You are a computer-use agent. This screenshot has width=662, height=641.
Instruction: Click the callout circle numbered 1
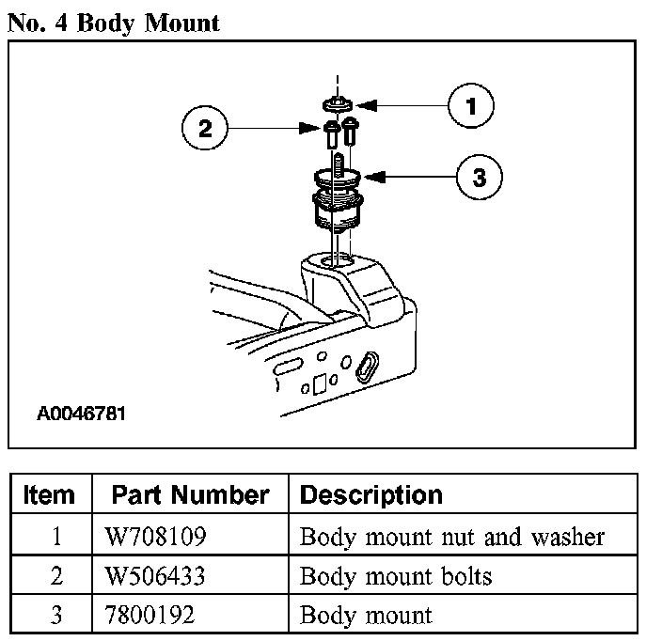click(x=471, y=106)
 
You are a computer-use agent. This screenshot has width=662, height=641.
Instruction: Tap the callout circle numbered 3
click(x=479, y=177)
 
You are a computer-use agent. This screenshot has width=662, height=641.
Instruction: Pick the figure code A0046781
click(x=82, y=414)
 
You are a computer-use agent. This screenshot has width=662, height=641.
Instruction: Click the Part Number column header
click(x=190, y=494)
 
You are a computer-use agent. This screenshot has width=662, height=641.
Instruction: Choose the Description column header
click(x=370, y=494)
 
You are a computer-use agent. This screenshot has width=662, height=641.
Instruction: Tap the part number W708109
click(x=156, y=538)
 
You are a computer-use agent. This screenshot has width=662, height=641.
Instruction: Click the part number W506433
click(x=156, y=575)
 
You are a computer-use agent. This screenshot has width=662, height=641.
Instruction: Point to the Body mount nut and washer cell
click(x=451, y=538)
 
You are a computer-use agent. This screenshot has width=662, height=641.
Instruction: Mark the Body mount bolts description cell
click(x=395, y=575)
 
